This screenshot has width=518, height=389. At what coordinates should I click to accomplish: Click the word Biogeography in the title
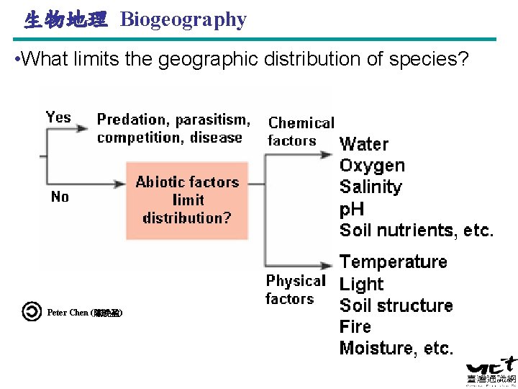pos(183,19)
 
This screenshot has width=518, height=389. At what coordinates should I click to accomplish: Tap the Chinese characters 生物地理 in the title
pos(65,19)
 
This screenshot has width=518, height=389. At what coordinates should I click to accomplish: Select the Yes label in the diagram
pos(58,117)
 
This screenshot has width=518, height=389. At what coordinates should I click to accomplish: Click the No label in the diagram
pos(60,197)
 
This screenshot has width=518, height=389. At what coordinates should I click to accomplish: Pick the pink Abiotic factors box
pos(187,200)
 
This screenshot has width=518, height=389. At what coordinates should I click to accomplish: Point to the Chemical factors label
pos(301,132)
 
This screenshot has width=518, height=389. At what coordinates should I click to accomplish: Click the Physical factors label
pos(295,290)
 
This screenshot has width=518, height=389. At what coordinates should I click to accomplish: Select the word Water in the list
pos(364,145)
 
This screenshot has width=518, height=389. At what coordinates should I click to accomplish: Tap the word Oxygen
pos(372,166)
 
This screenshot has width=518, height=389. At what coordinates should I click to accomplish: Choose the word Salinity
pos(371,187)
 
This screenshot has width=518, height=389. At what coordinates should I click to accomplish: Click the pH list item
pos(352,210)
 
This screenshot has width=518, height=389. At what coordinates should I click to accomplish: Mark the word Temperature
pos(393,261)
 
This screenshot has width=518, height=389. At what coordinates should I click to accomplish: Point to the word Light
pos(361,284)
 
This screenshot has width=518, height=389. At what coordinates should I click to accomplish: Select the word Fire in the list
pos(355,326)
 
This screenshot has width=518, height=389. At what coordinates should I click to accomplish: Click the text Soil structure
pos(396,305)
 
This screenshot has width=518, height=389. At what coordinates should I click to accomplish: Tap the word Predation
pos(131,119)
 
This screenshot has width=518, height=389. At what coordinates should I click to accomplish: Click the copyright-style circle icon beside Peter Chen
pos(32,312)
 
